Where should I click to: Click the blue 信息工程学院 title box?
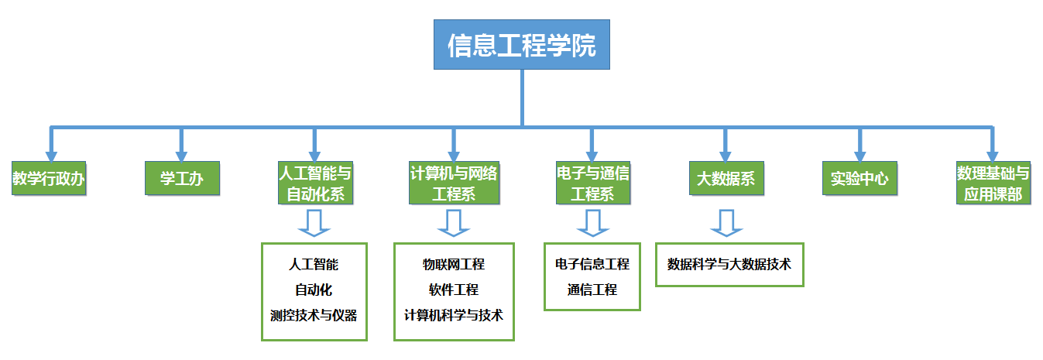pos(521,45)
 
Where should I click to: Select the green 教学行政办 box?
pos(48,179)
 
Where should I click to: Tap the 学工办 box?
pos(182,179)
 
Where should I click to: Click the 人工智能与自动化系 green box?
pos(315,183)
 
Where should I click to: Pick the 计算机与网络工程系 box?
pos(454,183)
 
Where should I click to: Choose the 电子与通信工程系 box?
pos(592,183)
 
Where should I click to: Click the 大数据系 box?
pos(726,179)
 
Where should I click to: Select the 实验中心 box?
pos(859,179)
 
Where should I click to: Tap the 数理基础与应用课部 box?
pos(993,183)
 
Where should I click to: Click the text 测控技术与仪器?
pos(314,315)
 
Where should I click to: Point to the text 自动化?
pos(314,290)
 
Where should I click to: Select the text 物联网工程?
pos(454,265)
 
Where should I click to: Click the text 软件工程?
pos(454,290)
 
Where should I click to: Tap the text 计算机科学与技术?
pos(454,315)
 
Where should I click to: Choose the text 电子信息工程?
pos(592,265)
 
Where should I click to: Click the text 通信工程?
pos(592,290)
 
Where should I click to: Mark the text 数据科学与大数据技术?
pos(729,264)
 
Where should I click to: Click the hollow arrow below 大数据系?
pos(726,222)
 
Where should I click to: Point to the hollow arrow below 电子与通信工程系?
pos(593,222)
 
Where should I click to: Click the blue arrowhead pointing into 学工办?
pos(182,155)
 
